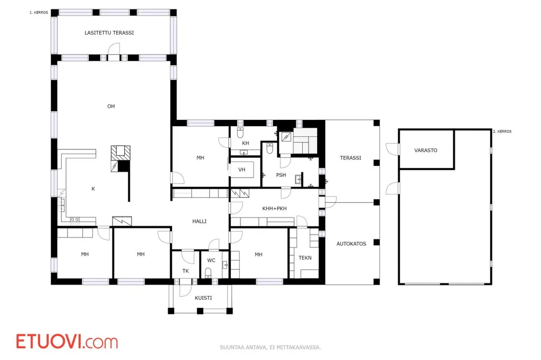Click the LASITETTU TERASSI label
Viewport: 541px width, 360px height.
click(109, 33)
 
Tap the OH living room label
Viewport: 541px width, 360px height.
click(111, 106)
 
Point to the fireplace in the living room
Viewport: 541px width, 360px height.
click(120, 158)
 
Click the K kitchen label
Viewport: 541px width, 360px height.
click(93, 188)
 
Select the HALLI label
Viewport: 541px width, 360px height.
click(199, 221)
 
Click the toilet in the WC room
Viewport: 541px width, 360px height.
click(208, 273)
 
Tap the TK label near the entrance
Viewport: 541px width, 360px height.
click(185, 271)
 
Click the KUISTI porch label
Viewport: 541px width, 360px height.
click(203, 298)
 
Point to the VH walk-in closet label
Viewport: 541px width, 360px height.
click(241, 169)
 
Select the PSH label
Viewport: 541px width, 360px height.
click(281, 175)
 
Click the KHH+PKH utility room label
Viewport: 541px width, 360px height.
click(274, 209)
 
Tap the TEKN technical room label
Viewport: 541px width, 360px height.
click(305, 258)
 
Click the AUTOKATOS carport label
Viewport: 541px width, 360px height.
click(351, 244)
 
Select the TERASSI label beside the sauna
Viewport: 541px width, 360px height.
click(351, 158)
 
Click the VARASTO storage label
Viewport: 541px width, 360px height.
click(426, 150)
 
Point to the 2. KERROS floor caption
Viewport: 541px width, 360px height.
click(502, 131)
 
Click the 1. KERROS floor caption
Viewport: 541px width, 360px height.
click(39, 13)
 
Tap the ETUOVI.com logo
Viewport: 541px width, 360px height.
click(67, 342)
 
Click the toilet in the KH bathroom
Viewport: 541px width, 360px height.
click(240, 132)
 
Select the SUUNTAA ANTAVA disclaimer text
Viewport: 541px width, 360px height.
click(270, 347)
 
